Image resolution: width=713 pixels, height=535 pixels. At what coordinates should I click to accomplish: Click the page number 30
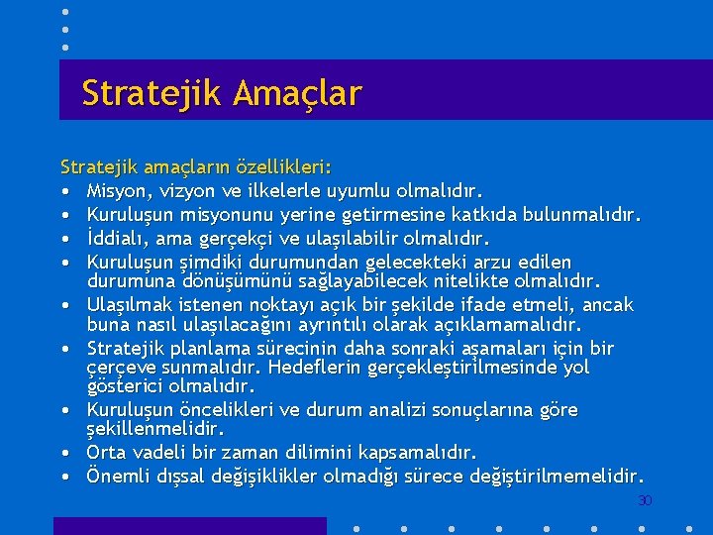pos(645,501)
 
